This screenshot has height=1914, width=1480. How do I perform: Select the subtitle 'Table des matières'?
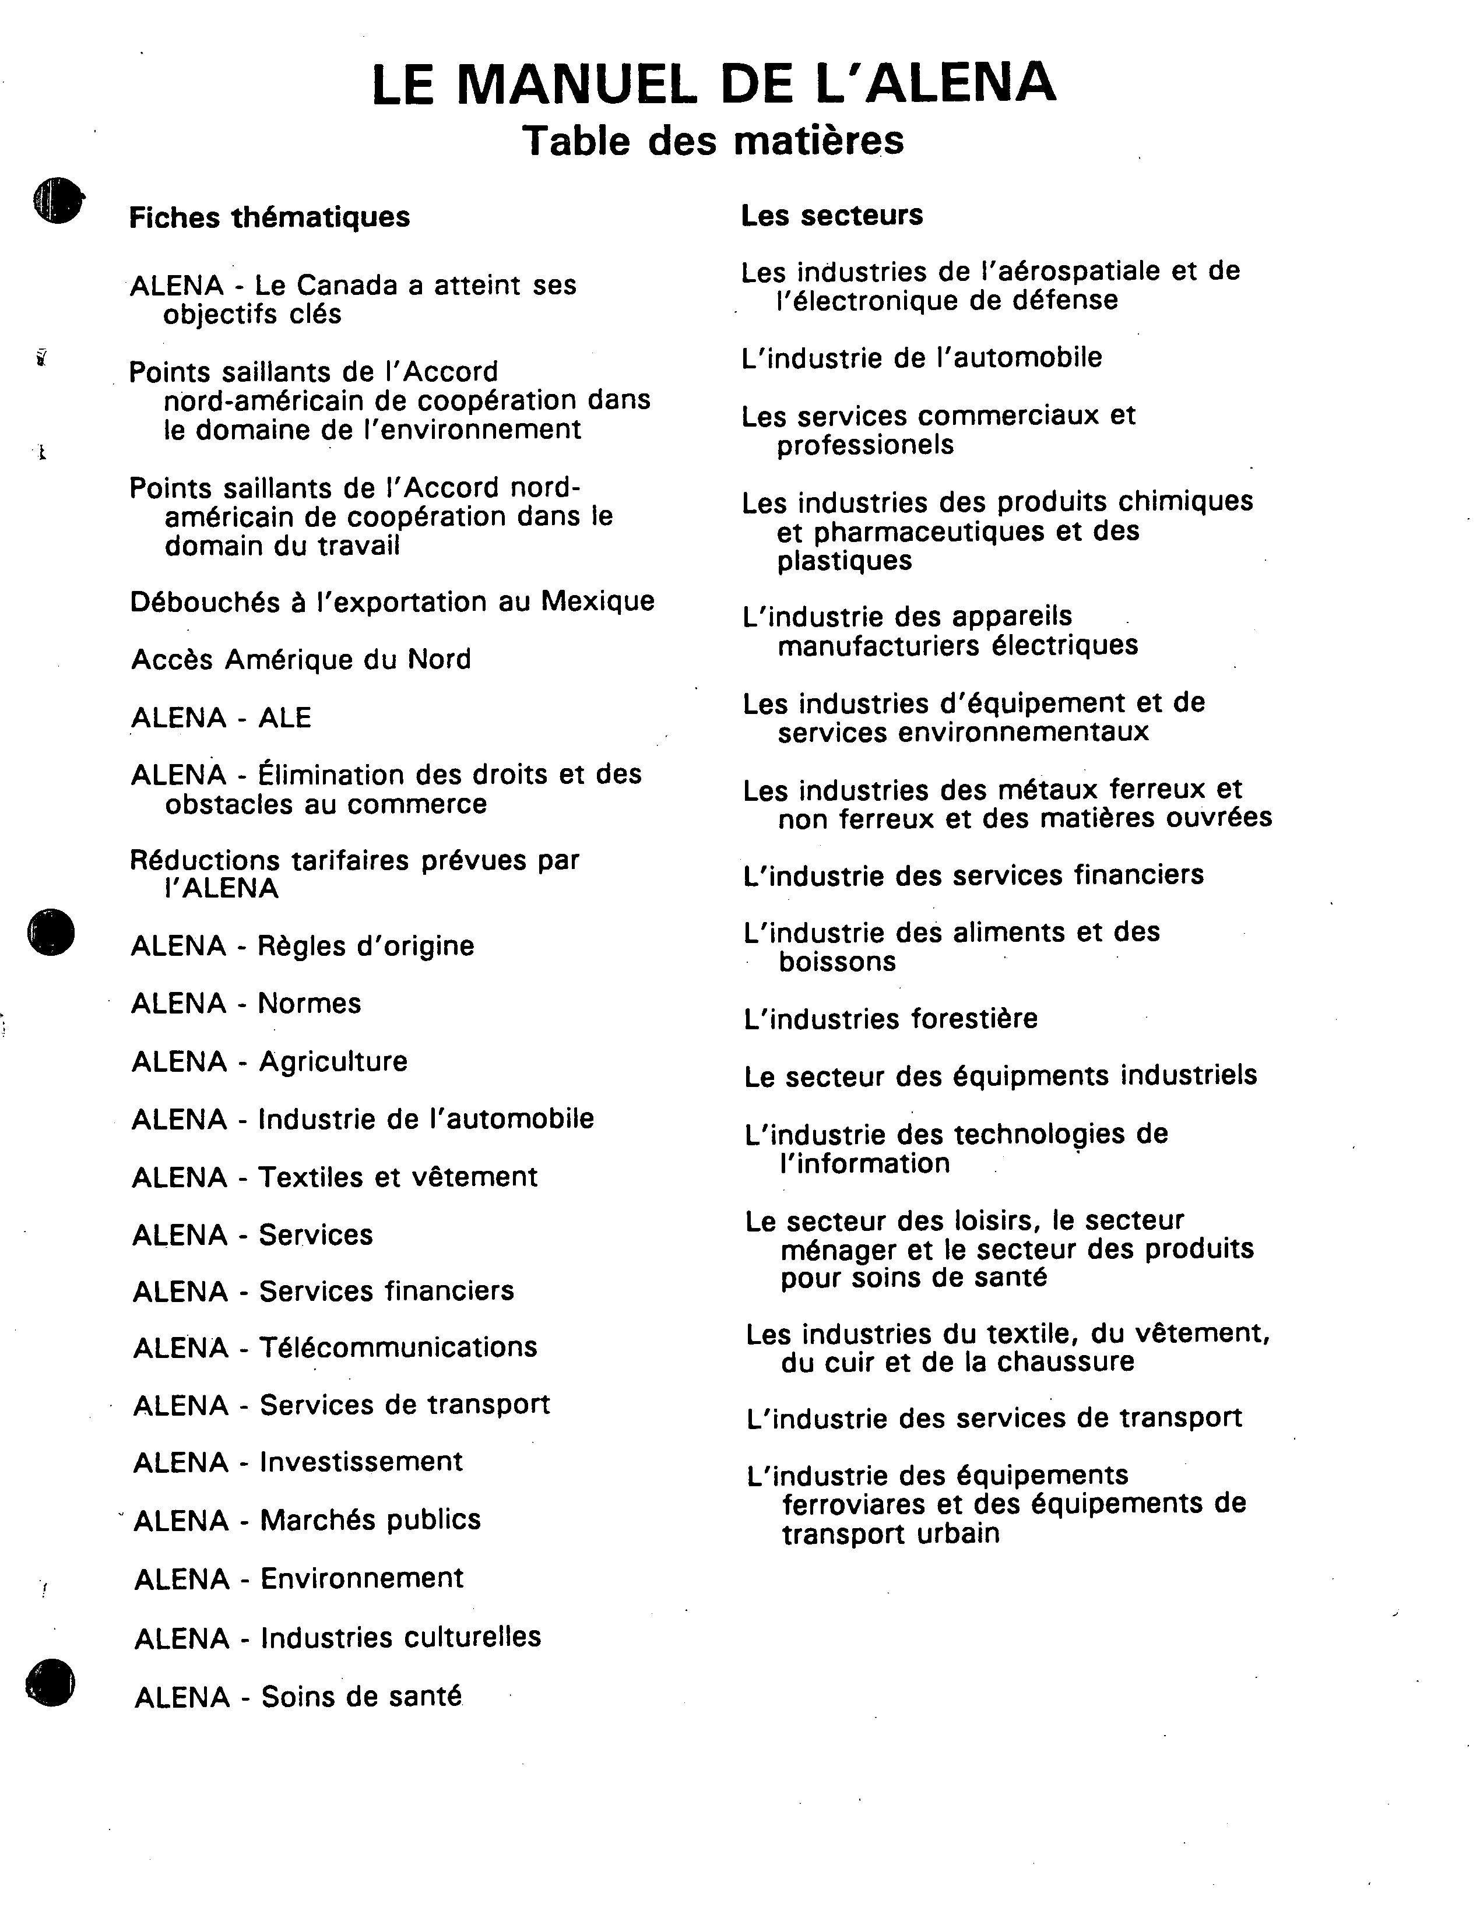(712, 140)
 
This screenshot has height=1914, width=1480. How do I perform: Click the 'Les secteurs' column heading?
(832, 214)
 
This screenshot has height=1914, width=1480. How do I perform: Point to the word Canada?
(338, 285)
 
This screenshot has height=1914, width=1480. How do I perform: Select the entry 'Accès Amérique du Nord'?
(301, 659)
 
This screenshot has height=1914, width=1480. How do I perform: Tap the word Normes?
(310, 1004)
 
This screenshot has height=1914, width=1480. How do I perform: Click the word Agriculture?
(333, 1061)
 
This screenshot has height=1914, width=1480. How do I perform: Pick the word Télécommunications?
(398, 1347)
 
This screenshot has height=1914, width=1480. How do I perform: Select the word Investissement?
(361, 1462)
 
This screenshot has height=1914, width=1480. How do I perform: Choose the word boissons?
(837, 962)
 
